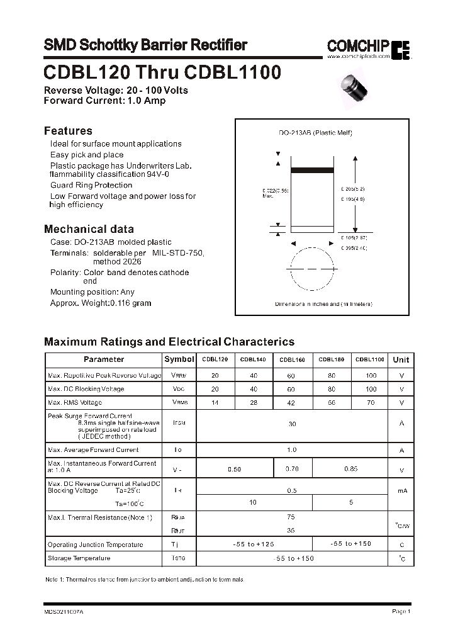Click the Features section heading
[x=68, y=131]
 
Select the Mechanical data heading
[x=89, y=229]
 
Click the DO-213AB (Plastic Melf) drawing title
[x=315, y=133]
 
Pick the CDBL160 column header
[x=292, y=359]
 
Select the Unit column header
[x=401, y=359]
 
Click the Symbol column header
[x=179, y=359]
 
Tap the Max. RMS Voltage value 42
[x=292, y=403]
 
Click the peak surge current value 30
[x=292, y=424]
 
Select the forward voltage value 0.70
[x=292, y=469]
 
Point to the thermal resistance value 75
[x=291, y=517]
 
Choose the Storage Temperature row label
[x=79, y=558]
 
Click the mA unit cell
[x=401, y=491]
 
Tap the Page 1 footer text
[x=401, y=611]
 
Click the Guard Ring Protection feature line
[x=91, y=185]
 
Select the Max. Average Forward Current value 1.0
[x=291, y=450]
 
